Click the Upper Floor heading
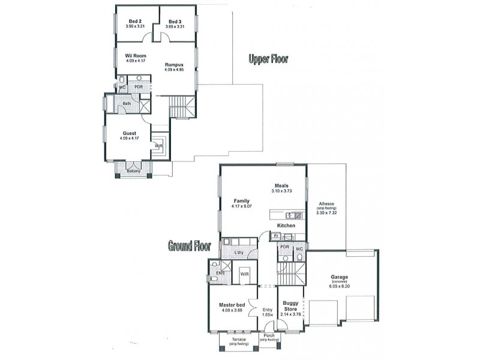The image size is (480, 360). click(269, 59)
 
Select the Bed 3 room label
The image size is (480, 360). click(175, 21)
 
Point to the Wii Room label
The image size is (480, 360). click(127, 55)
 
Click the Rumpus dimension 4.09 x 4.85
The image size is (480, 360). click(175, 70)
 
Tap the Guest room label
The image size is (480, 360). click(129, 133)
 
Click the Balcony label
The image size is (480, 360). click(133, 172)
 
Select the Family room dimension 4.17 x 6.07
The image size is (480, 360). click(242, 206)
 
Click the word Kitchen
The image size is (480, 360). click(286, 225)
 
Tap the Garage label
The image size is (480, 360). click(339, 277)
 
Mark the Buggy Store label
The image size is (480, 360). click(290, 306)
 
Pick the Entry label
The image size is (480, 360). click(268, 310)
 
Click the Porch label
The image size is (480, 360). click(268, 335)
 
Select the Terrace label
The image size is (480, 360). click(238, 339)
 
